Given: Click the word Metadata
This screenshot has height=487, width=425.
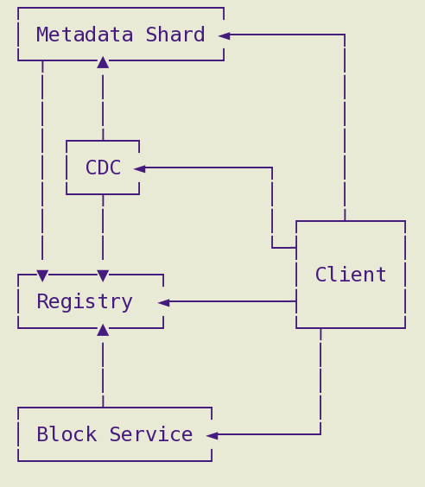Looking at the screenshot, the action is [x=85, y=35].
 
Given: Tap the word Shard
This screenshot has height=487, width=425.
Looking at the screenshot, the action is [x=175, y=35].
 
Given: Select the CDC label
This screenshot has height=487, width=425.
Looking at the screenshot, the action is [x=103, y=168].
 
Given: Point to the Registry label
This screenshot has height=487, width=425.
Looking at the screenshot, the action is [x=85, y=301].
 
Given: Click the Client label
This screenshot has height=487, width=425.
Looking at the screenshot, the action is [x=351, y=275].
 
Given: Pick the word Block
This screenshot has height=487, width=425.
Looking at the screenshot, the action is [x=67, y=433].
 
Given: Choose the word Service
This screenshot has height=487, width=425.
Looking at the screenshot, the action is [x=151, y=433].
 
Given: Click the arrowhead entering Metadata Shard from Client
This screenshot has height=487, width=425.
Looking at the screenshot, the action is [x=225, y=35].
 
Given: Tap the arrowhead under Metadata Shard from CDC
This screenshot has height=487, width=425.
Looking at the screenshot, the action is [x=103, y=62].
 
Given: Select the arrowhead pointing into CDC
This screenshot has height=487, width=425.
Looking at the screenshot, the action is [x=139, y=168].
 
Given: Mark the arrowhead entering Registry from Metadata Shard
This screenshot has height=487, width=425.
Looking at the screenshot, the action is [x=42, y=275].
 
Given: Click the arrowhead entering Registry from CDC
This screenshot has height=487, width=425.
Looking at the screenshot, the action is [x=103, y=275].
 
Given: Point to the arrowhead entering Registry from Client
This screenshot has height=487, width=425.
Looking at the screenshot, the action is [x=164, y=302].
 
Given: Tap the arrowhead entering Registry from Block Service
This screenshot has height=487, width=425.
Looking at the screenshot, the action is [x=103, y=330].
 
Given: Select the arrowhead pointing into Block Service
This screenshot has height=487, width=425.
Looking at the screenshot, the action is [x=212, y=435].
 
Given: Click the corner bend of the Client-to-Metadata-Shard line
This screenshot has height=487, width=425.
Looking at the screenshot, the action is [x=345, y=35].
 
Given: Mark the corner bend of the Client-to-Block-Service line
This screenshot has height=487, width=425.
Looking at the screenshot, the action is [x=320, y=434].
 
